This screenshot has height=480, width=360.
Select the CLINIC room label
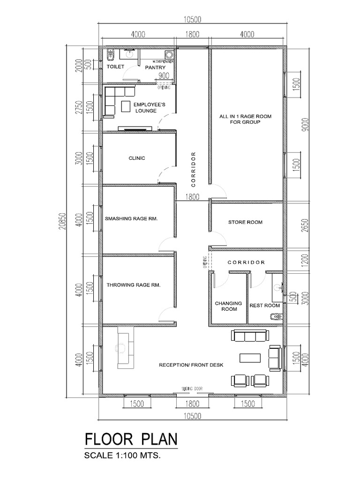[137, 158]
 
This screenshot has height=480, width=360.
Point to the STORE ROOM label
[245, 222]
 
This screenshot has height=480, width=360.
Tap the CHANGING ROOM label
[228, 306]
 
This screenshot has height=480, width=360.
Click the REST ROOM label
[265, 306]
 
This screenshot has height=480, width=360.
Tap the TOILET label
[116, 67]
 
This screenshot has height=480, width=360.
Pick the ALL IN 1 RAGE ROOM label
[246, 119]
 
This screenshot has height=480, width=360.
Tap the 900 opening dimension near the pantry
[164, 76]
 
